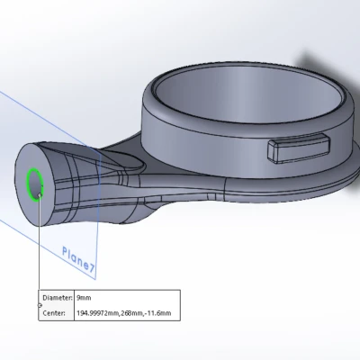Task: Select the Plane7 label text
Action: (x=78, y=259)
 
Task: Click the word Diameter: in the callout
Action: (x=58, y=298)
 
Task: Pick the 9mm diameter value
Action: (x=84, y=298)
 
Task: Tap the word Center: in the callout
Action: (x=54, y=313)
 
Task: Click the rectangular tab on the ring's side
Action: (x=299, y=148)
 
